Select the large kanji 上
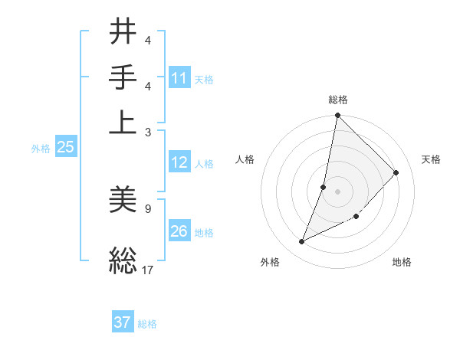[123, 122]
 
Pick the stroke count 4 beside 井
[147, 40]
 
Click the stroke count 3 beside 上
[147, 132]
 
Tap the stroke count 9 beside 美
[147, 208]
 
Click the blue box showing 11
[179, 78]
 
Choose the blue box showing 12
[179, 162]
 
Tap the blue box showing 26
[179, 231]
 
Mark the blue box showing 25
[65, 147]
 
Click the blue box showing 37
[123, 322]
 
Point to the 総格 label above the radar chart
[338, 100]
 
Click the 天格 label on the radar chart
[431, 159]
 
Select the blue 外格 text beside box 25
[41, 149]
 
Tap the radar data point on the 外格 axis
[302, 242]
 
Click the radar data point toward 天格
[396, 172]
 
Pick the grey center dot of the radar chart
[338, 191]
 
